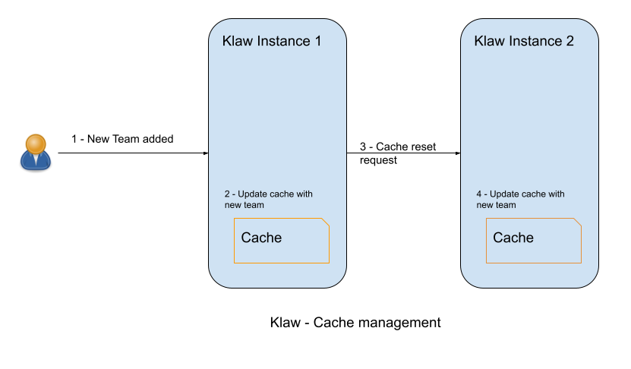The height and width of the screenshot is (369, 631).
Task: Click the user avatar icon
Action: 35,151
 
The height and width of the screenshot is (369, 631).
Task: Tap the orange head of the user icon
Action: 35,143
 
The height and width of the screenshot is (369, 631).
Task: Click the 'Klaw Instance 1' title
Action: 272,41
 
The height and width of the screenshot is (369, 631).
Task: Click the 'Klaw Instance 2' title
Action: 524,41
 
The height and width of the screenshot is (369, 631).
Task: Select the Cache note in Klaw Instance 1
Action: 282,241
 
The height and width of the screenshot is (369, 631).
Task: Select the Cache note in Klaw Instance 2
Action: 534,241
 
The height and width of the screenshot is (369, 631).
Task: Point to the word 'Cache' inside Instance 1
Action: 261,238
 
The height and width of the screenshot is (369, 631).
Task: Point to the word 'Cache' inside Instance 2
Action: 513,238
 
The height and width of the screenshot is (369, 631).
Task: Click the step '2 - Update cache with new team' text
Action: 268,199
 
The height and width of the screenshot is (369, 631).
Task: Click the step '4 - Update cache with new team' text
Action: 520,199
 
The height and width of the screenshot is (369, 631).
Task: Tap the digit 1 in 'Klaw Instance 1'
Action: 317,41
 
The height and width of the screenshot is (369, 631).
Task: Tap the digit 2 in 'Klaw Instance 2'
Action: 569,41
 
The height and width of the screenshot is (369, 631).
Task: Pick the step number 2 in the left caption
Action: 227,194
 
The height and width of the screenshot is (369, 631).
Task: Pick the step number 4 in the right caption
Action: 479,194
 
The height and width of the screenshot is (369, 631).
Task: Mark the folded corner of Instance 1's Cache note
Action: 326,222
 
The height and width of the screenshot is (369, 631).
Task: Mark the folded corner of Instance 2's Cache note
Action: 578,222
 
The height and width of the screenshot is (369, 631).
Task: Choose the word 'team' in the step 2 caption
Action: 254,205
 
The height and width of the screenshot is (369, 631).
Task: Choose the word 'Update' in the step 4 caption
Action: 504,194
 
